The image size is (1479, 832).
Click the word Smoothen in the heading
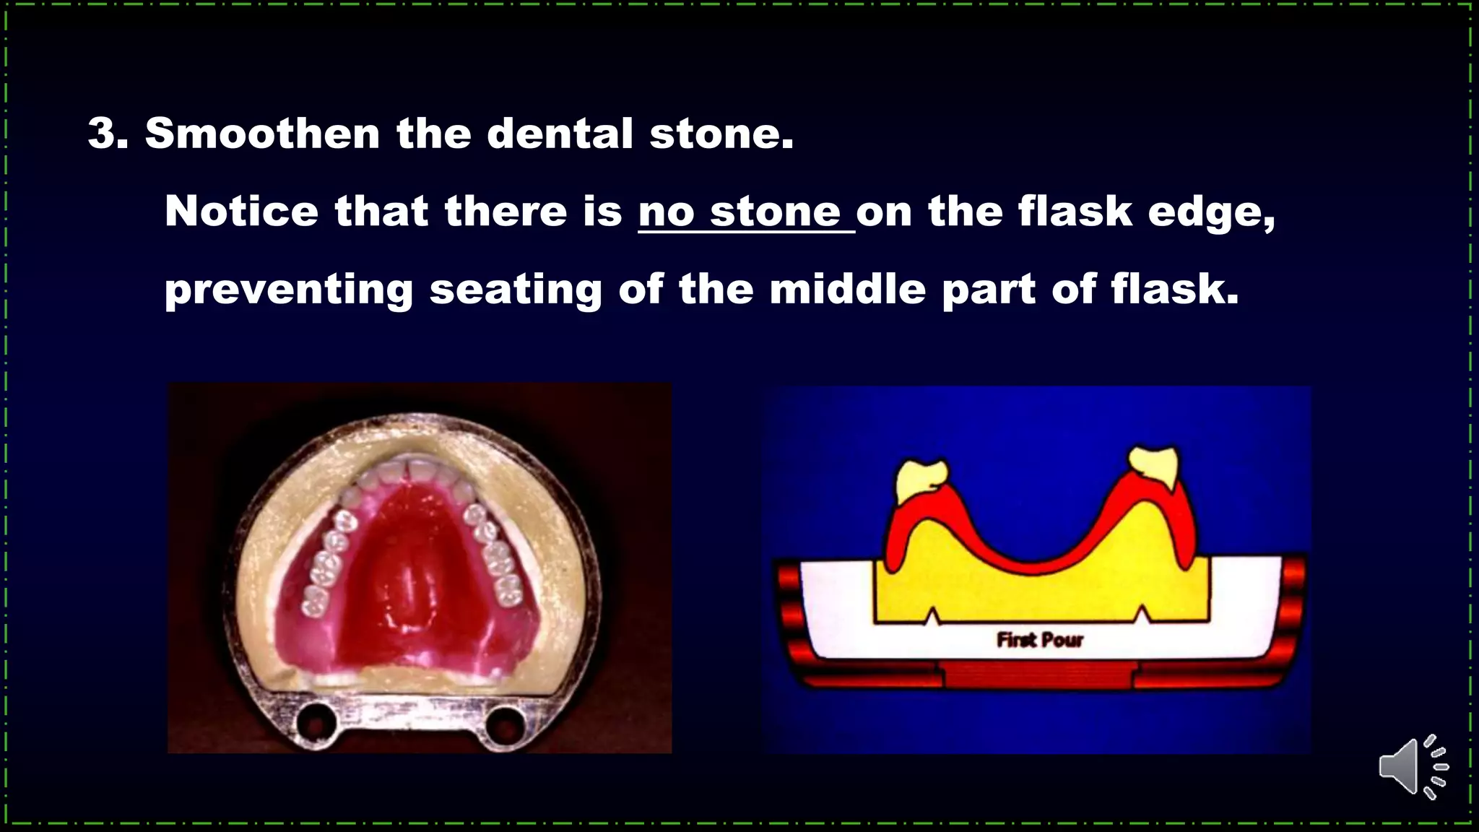coord(263,134)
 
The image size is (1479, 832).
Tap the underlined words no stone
coord(745,212)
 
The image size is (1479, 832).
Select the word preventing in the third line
coord(289,290)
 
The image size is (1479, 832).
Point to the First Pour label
coord(1040,640)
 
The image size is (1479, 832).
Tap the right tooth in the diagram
coord(1154,470)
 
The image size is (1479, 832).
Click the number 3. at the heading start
coord(108,134)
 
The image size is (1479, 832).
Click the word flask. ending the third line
coord(1174,290)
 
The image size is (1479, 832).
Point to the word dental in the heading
coord(560,134)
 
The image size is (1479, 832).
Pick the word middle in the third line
coord(847,290)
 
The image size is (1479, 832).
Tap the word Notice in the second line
coord(241,212)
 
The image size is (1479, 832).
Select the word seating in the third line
coord(516,290)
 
